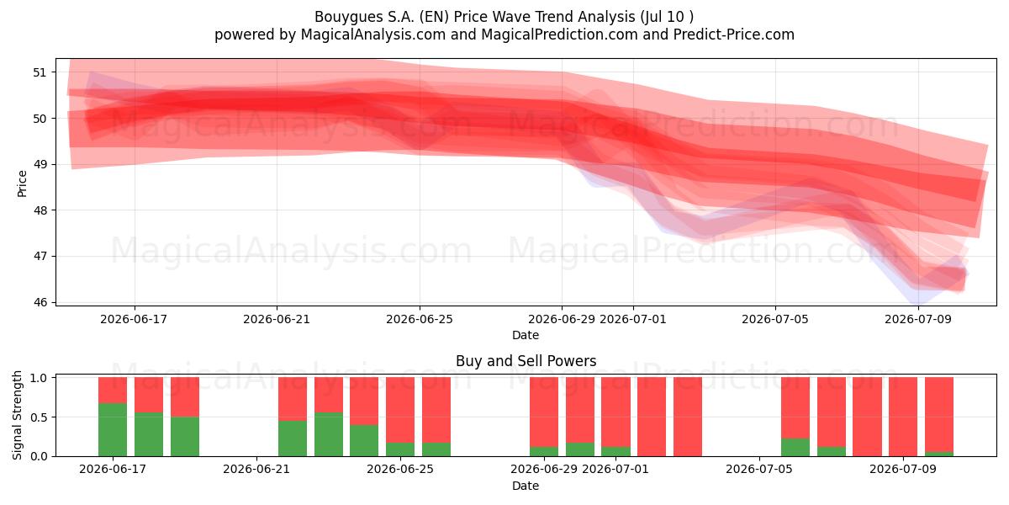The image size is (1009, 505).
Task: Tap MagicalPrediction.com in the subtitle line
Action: coord(559,35)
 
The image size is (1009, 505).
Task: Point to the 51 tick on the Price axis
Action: coord(40,72)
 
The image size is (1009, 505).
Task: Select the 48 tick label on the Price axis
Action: coord(40,210)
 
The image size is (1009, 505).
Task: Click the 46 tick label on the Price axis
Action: coord(40,302)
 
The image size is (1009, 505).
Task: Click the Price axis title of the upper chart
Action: coord(22,183)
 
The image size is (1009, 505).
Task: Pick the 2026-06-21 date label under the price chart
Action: coord(277,319)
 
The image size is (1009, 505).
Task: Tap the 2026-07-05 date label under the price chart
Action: coord(774,319)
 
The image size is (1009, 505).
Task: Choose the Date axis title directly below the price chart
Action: coord(526,335)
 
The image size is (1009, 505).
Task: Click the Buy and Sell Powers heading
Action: coord(526,361)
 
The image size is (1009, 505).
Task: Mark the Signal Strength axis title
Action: coord(17,415)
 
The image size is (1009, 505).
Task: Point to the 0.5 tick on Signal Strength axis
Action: coord(39,417)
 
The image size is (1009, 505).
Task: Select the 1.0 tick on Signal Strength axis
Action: coord(39,378)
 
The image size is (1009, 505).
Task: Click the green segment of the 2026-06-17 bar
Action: coord(113,430)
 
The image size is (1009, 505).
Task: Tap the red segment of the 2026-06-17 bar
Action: coord(113,390)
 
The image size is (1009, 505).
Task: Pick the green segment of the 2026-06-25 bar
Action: coord(400,449)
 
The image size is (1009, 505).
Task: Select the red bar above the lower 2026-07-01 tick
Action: coord(615,412)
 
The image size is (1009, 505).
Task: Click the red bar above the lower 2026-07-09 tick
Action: coord(903,417)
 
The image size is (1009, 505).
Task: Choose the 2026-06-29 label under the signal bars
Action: coord(544,470)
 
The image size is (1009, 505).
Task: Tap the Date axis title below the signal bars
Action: coord(526,486)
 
